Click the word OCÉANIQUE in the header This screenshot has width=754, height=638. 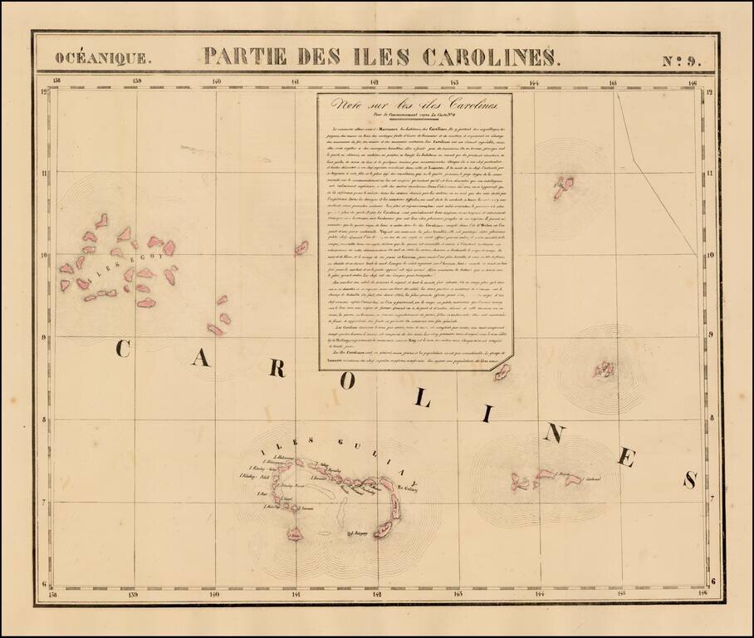click(x=103, y=58)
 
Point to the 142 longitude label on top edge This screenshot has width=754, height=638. click(x=375, y=82)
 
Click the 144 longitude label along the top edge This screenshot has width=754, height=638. click(x=533, y=82)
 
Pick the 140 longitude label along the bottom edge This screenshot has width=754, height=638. click(x=215, y=593)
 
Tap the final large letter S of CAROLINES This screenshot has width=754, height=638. click(x=688, y=480)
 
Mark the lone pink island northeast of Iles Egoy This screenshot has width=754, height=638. click(x=301, y=247)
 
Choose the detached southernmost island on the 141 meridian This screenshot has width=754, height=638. click(x=295, y=534)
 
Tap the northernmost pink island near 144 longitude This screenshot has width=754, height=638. click(x=564, y=187)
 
